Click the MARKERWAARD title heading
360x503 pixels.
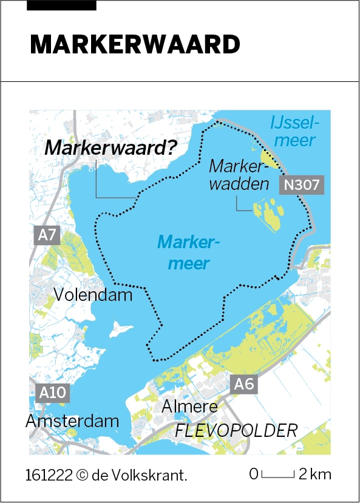(x=135, y=44)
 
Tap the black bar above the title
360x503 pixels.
(x=62, y=5)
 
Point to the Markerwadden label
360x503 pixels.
(x=239, y=175)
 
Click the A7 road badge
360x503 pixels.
(x=47, y=234)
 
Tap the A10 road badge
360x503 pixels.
(x=52, y=393)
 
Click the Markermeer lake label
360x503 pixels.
(x=188, y=253)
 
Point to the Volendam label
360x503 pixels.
(x=93, y=295)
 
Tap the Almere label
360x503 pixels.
(x=189, y=407)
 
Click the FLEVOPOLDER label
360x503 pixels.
(x=237, y=431)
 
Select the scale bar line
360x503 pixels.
(x=279, y=474)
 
